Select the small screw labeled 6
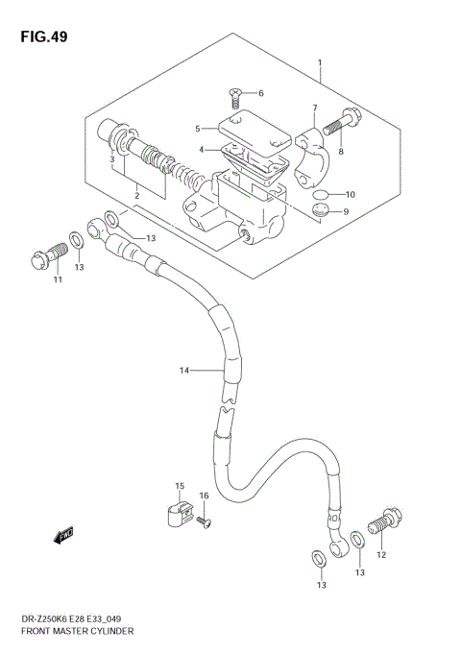click(234, 94)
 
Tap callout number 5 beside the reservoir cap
click(197, 129)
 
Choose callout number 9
click(348, 211)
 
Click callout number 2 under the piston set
click(137, 196)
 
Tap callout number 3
click(112, 159)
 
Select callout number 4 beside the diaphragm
click(202, 149)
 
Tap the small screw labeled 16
click(205, 521)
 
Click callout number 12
click(381, 555)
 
